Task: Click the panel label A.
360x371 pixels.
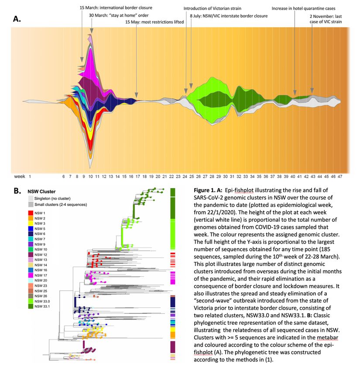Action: pos(17,19)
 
